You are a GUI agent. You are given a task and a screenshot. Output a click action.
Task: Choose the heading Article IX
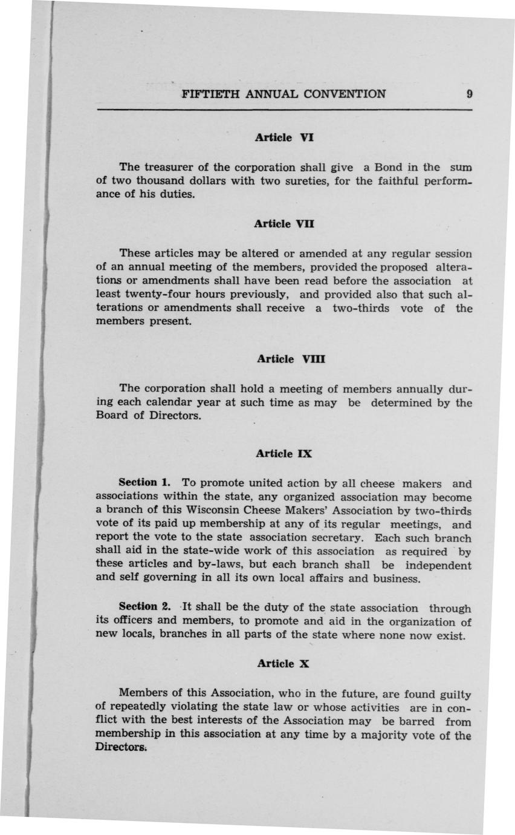click(283, 453)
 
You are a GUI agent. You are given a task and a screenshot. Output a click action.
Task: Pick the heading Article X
click(283, 663)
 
